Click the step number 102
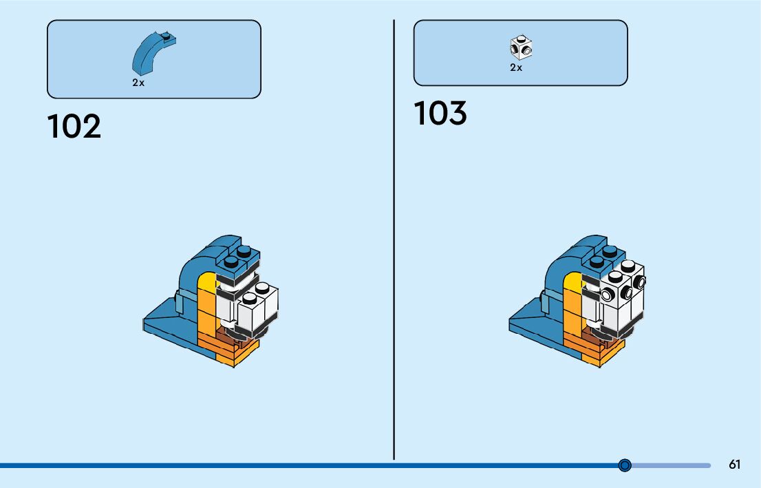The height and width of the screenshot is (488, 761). coord(74,127)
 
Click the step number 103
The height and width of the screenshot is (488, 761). coord(440,114)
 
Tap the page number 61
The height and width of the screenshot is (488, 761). coord(734,465)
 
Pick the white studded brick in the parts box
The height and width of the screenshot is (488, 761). coord(522,47)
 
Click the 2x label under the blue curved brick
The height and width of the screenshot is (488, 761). coord(138,83)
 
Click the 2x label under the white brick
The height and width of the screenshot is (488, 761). coord(516,67)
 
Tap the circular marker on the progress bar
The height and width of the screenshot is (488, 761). coord(625,465)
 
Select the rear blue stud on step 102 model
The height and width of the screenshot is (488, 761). coord(244,252)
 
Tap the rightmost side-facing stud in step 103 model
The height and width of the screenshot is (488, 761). coord(641,282)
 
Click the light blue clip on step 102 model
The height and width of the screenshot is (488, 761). coord(178,301)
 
